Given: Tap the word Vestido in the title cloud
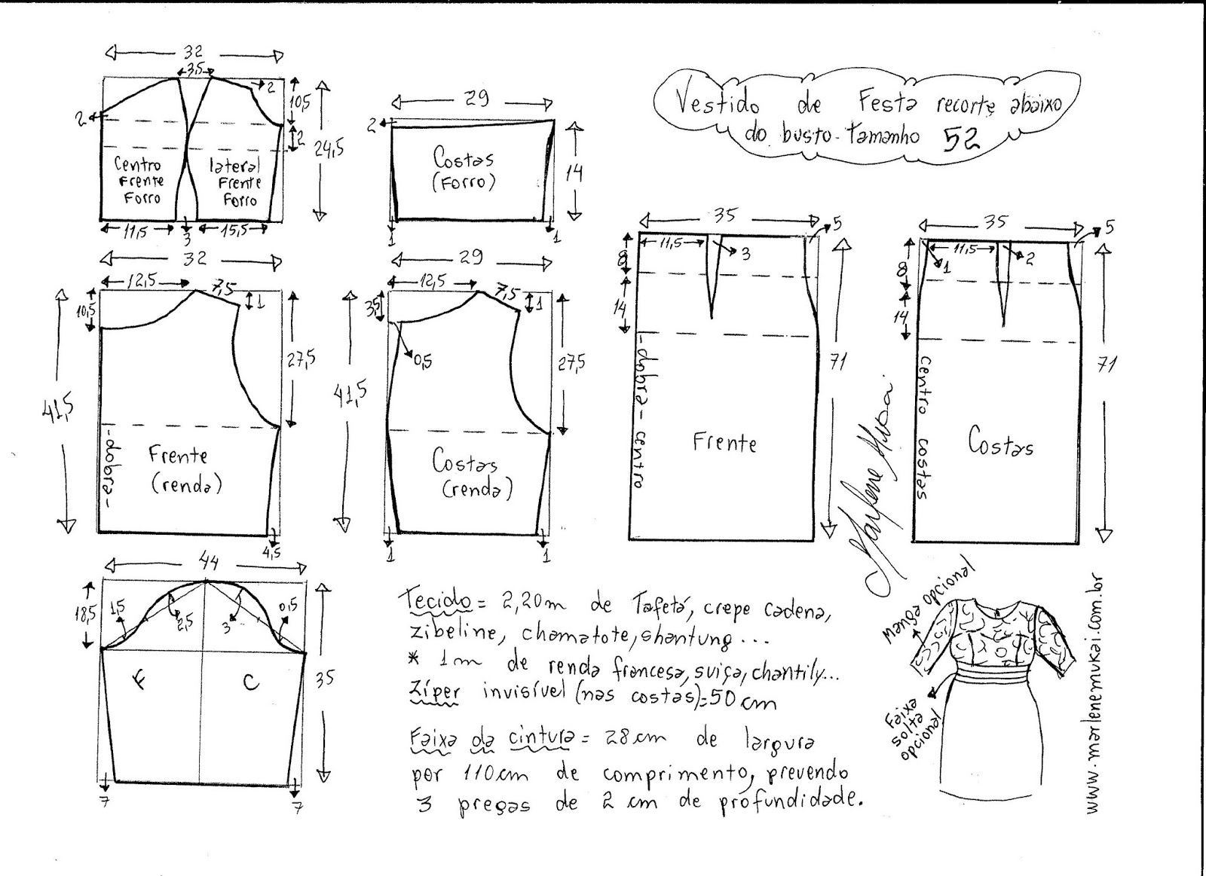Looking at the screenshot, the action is pyautogui.click(x=717, y=102).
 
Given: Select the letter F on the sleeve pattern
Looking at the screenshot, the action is pyautogui.click(x=141, y=682).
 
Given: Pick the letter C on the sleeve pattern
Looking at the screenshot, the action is pyautogui.click(x=251, y=682).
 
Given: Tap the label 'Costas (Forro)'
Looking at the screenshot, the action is pyautogui.click(x=464, y=169).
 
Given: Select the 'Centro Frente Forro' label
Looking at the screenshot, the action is pyautogui.click(x=138, y=181).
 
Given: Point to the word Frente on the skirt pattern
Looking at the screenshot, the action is pyautogui.click(x=724, y=441).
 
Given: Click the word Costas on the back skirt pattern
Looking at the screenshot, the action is pyautogui.click(x=1000, y=443).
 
